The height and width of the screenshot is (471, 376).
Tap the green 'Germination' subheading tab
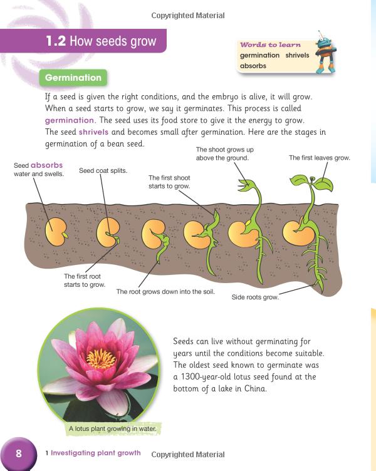(x=73, y=78)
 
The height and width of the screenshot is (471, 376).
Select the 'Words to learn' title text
(x=270, y=45)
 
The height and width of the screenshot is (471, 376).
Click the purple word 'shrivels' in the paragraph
(x=93, y=132)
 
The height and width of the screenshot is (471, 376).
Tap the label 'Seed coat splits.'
(x=103, y=170)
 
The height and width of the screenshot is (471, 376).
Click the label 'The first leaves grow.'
(x=319, y=158)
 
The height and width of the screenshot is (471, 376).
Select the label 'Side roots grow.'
(x=255, y=297)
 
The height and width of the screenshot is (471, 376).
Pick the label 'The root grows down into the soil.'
(x=165, y=291)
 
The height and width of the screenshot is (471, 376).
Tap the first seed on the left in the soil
(x=57, y=233)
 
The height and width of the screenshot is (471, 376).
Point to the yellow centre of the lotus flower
(x=100, y=359)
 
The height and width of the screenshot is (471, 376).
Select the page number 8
(x=19, y=453)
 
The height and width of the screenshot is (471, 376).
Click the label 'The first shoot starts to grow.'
(x=169, y=182)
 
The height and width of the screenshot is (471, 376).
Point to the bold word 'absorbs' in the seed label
(x=46, y=165)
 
